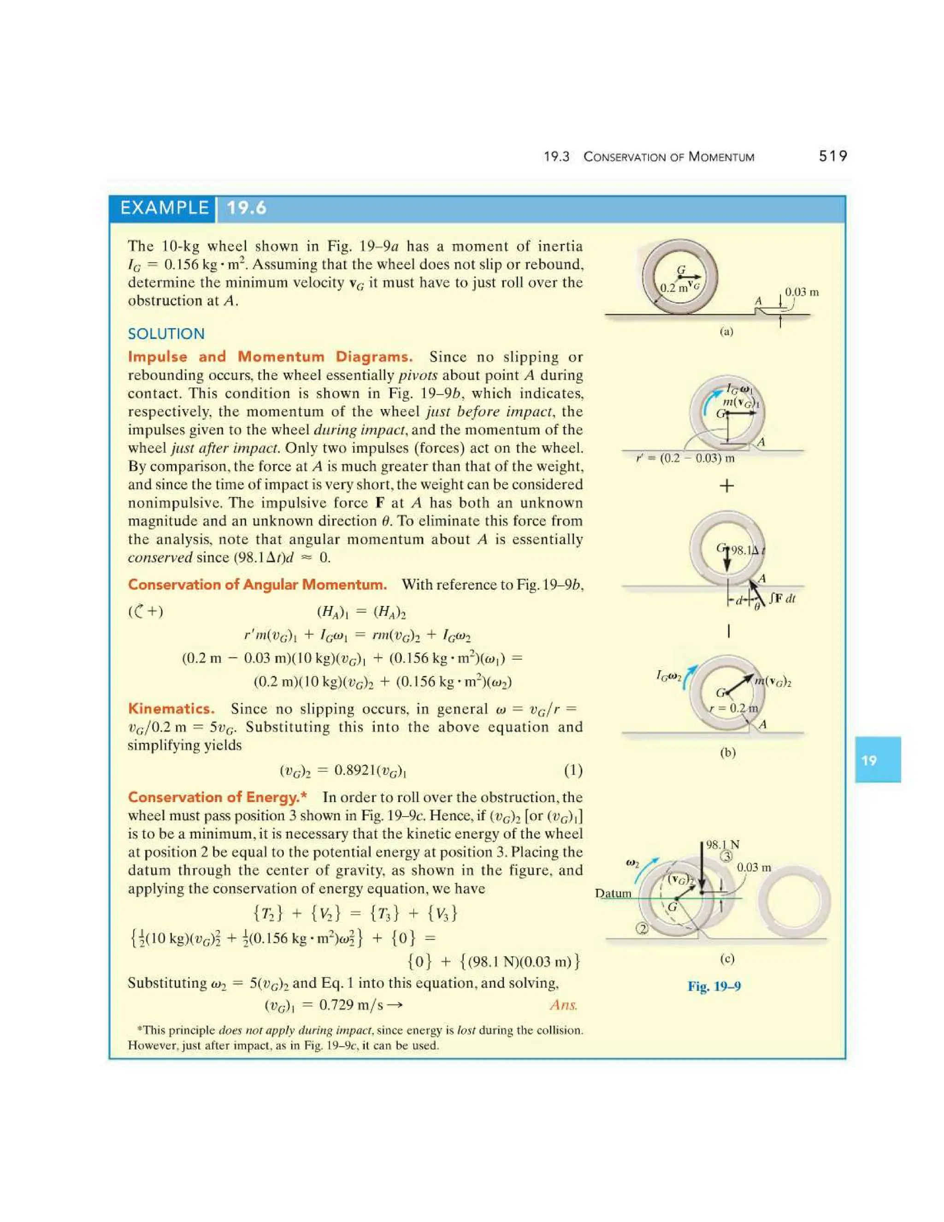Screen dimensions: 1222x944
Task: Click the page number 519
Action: tap(833, 156)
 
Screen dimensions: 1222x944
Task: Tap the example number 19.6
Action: tap(246, 208)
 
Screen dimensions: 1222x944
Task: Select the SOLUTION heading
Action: tap(166, 334)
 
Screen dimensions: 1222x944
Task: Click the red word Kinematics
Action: tap(171, 709)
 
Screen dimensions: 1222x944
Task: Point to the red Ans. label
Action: tap(563, 1005)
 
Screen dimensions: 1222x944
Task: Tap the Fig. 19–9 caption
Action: tap(714, 986)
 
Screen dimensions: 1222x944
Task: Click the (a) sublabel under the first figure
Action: tap(726, 332)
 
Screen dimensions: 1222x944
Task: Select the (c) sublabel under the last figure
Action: tap(726, 959)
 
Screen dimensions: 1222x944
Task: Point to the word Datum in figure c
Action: tap(613, 893)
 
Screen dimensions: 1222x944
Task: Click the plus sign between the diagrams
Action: tap(726, 486)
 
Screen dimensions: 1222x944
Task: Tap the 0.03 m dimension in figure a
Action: tap(802, 292)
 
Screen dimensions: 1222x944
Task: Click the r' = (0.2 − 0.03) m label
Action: tap(685, 459)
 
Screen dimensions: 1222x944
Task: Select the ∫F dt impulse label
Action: tap(782, 599)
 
